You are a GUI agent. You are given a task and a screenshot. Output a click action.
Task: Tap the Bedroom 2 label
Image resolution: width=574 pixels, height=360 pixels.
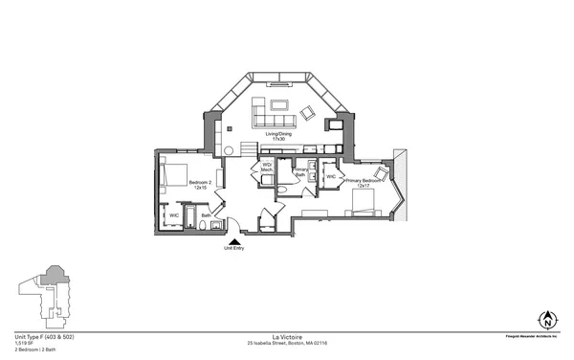click(200, 184)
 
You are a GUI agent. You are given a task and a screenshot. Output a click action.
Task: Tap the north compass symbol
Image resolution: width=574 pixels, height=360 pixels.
click(548, 320)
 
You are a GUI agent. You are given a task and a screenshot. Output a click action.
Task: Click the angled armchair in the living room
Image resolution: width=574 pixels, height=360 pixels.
click(306, 114)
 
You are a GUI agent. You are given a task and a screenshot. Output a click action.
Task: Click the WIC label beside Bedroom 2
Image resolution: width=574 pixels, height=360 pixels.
click(174, 215)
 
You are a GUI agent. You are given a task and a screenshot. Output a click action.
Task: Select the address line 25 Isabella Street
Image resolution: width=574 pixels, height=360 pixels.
click(286, 343)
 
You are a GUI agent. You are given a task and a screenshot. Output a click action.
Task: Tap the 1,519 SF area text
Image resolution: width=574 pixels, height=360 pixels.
click(24, 344)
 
